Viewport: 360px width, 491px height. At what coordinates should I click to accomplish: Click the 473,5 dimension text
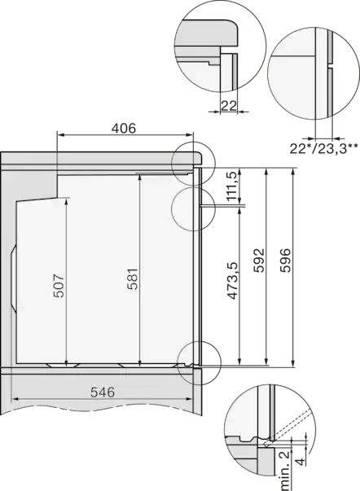pos(230,282)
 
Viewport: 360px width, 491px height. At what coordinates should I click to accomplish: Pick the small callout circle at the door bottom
pos(200,358)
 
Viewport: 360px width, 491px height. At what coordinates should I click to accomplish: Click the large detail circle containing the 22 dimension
pos(220,45)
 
